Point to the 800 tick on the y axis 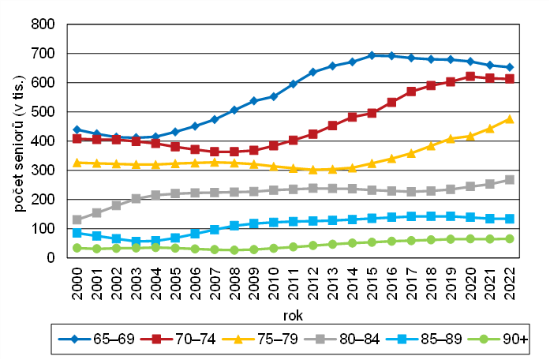point(43,24)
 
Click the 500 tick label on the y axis point(43,112)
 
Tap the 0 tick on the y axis point(51,258)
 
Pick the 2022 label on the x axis point(509,285)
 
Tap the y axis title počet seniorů point(16,141)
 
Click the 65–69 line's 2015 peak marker point(372,55)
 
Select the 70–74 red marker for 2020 point(470,77)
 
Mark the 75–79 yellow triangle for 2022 point(509,118)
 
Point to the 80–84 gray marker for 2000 point(77,219)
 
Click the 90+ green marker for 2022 point(509,238)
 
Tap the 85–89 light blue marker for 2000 point(77,233)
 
